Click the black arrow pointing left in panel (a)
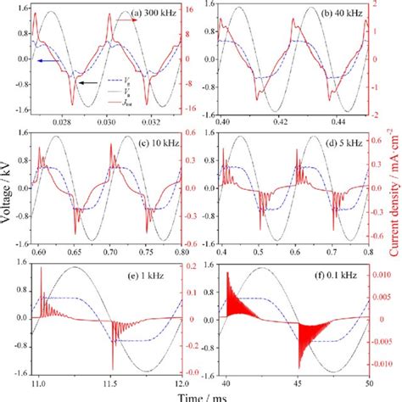pyautogui.click(x=86, y=82)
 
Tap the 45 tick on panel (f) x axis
pyautogui.click(x=295, y=382)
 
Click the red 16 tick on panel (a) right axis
pyautogui.click(x=192, y=9)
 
